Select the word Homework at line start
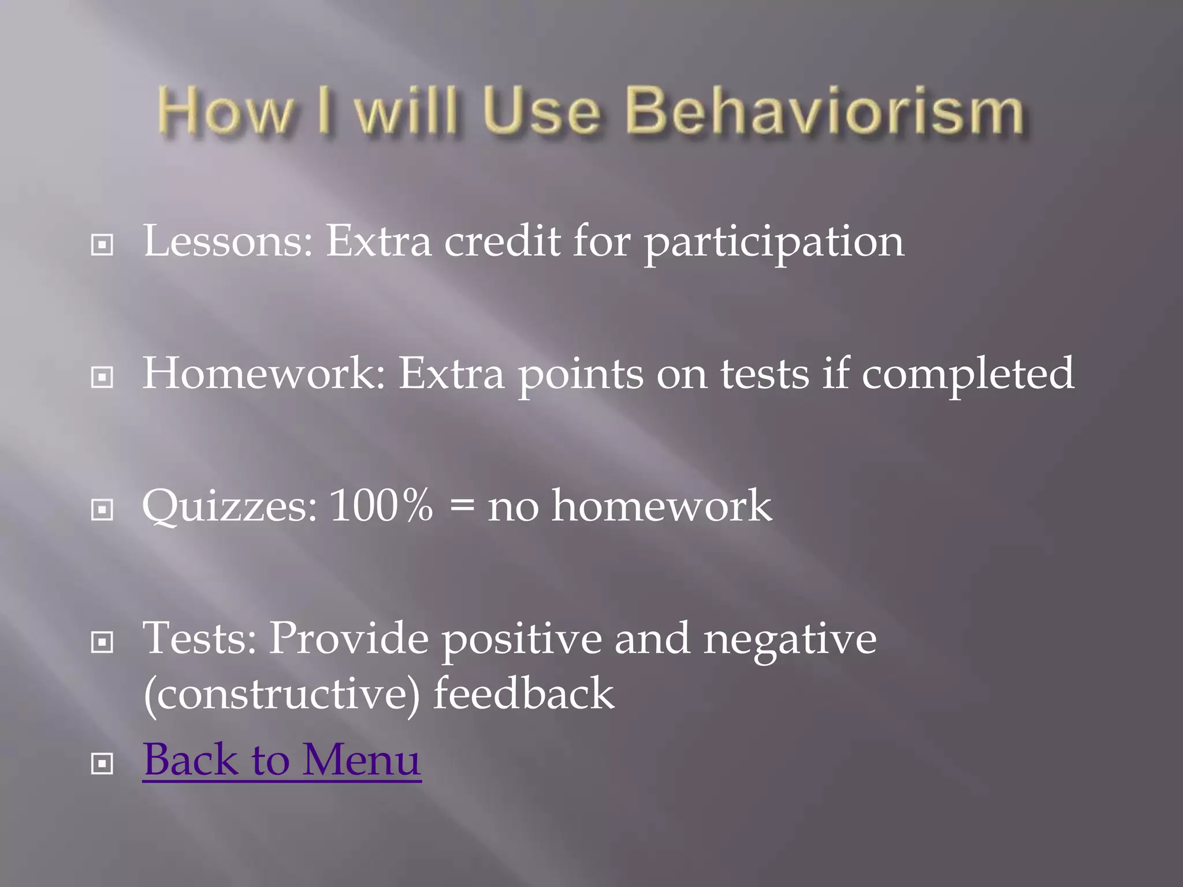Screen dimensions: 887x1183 pyautogui.click(x=263, y=374)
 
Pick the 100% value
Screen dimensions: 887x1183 pyautogui.click(x=381, y=506)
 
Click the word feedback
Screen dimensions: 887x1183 pyautogui.click(x=523, y=693)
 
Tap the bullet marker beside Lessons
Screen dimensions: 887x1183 pyautogui.click(x=102, y=245)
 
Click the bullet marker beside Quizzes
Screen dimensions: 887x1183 pyautogui.click(x=102, y=510)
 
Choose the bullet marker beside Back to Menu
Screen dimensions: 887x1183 pyautogui.click(x=102, y=765)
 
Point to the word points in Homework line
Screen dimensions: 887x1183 pyautogui.click(x=580, y=375)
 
